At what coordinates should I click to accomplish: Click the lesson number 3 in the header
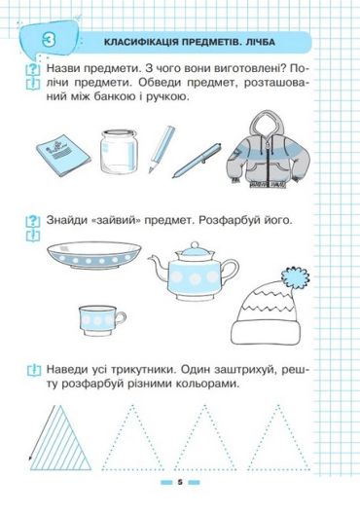(x=49, y=41)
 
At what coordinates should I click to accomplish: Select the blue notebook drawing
(x=63, y=155)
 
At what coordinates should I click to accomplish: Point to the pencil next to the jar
(x=162, y=149)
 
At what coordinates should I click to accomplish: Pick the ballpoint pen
(x=197, y=161)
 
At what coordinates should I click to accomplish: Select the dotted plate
(x=94, y=255)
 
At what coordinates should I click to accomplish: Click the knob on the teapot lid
(x=195, y=245)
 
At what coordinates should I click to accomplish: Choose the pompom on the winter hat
(x=295, y=277)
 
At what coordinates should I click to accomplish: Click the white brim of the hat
(x=266, y=333)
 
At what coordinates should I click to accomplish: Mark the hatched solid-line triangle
(x=60, y=438)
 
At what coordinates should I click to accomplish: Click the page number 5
(x=179, y=482)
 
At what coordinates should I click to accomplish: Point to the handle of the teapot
(x=232, y=268)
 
